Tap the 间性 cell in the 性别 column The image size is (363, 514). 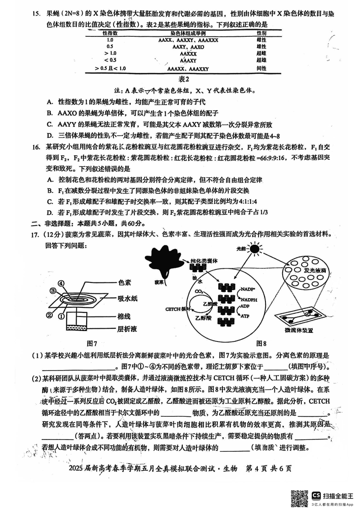click(261, 69)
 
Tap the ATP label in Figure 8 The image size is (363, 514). click(245, 316)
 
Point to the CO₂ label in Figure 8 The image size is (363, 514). click(199, 291)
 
